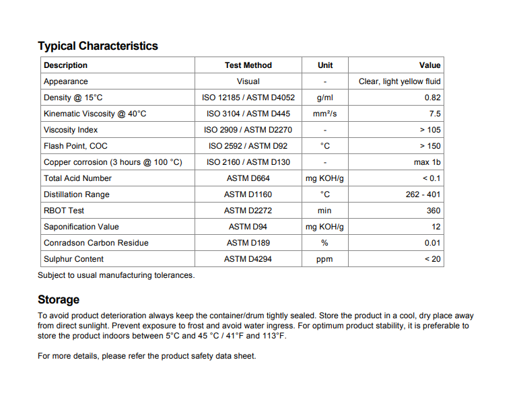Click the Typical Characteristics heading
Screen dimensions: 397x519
pyautogui.click(x=98, y=46)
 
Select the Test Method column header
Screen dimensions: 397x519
pyautogui.click(x=248, y=65)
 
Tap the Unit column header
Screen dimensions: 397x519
pyautogui.click(x=325, y=65)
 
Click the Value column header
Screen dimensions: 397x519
pyautogui.click(x=429, y=65)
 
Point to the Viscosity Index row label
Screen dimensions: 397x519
pyautogui.click(x=71, y=130)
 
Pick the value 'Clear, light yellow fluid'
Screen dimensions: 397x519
pyautogui.click(x=400, y=81)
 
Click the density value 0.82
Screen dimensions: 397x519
pyautogui.click(x=433, y=98)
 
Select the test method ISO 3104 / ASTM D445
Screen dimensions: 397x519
pyautogui.click(x=248, y=114)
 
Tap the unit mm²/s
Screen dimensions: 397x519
pyautogui.click(x=325, y=114)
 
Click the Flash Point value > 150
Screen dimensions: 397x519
pyautogui.click(x=430, y=146)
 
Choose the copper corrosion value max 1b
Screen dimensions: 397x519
pyautogui.click(x=427, y=162)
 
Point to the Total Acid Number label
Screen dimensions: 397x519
pyautogui.click(x=77, y=178)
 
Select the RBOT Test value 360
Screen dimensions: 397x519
pyautogui.click(x=434, y=211)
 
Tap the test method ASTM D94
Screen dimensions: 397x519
pyautogui.click(x=248, y=227)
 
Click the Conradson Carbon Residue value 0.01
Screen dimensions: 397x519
pyautogui.click(x=433, y=243)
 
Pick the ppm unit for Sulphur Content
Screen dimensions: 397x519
pyautogui.click(x=325, y=259)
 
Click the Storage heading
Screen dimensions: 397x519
pyautogui.click(x=59, y=299)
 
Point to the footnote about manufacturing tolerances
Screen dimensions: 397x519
pyautogui.click(x=116, y=275)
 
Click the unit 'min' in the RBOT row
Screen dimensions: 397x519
pyautogui.click(x=325, y=211)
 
